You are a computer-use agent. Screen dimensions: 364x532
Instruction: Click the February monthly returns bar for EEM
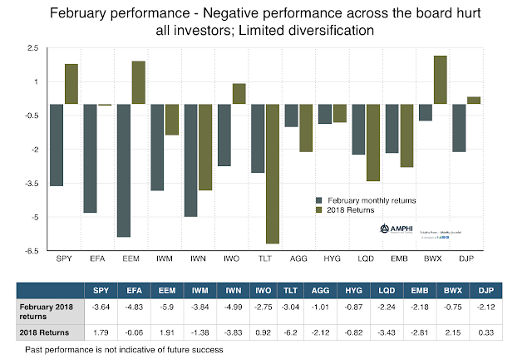[x=124, y=170]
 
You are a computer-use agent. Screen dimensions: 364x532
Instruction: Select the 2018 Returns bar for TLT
[x=271, y=174]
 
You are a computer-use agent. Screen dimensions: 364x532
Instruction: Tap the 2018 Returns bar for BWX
[x=441, y=80]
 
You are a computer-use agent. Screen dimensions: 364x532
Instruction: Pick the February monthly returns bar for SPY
[x=57, y=145]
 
